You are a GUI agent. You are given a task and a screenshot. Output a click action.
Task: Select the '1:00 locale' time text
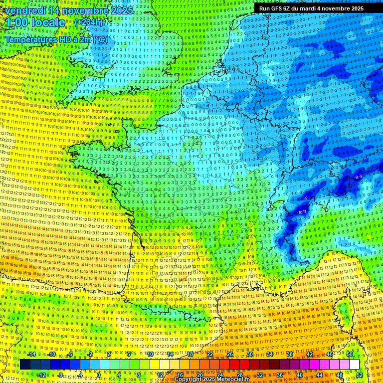pyautogui.click(x=36, y=23)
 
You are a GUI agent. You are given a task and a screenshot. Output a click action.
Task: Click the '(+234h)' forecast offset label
pyautogui.click(x=89, y=22)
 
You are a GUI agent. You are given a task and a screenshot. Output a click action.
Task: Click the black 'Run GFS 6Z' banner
pyautogui.click(x=318, y=8)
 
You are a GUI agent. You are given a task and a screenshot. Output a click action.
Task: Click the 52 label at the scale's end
pyautogui.click(x=360, y=375)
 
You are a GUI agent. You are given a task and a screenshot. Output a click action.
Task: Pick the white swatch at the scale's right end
pyautogui.click(x=354, y=365)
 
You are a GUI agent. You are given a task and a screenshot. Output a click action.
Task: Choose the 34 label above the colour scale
pyautogui.click(x=270, y=354)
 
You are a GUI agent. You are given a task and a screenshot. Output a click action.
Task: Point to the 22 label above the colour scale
pyautogui.click(x=210, y=354)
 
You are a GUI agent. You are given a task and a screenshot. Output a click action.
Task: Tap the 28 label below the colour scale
pyautogui.click(x=240, y=375)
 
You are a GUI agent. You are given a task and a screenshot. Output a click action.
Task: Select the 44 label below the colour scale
pyautogui.click(x=320, y=375)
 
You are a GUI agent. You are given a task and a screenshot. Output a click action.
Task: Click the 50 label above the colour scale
pyautogui.click(x=350, y=354)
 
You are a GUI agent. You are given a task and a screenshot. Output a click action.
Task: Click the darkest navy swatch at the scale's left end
pyautogui.click(x=25, y=365)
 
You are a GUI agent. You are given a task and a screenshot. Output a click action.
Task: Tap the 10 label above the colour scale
pyautogui.click(x=150, y=354)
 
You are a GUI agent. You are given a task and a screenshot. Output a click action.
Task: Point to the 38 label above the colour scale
pyautogui.click(x=290, y=354)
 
